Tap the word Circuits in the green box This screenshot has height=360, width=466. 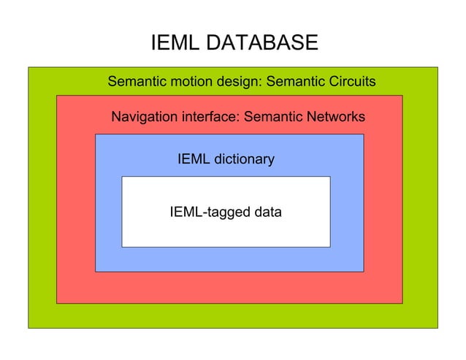[349, 81]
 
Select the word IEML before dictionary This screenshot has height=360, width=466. [193, 158]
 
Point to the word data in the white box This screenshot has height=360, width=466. [266, 212]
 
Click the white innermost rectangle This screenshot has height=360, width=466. [225, 234]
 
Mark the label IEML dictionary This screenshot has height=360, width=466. [226, 158]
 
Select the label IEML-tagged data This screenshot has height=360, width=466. [226, 212]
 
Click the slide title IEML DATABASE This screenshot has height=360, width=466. [234, 43]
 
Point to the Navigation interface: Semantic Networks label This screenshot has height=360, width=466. [238, 117]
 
